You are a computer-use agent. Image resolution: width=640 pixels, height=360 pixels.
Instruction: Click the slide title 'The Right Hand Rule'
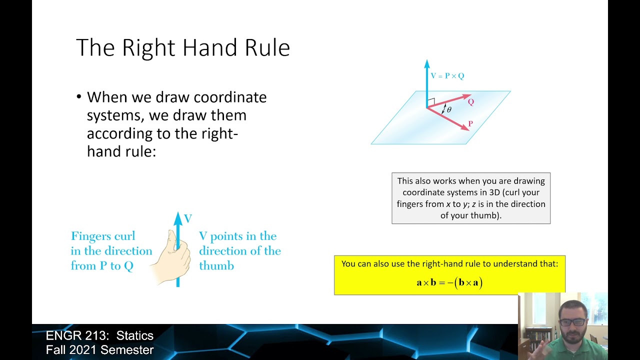(182, 48)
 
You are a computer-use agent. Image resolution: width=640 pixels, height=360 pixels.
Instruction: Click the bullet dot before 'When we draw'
(79, 97)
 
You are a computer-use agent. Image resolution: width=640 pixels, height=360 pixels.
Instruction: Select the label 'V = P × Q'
(447, 76)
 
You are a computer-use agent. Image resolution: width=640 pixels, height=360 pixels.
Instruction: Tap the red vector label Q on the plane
(470, 102)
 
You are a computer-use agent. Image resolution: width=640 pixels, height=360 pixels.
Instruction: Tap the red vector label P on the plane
(470, 123)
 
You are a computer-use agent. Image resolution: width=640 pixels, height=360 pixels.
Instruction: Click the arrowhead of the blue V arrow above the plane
(426, 63)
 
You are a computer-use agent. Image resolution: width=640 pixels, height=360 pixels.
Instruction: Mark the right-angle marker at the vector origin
(431, 101)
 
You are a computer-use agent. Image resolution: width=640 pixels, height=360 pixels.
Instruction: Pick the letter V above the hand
(188, 218)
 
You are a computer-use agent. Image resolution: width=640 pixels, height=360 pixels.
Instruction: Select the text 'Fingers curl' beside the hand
(103, 236)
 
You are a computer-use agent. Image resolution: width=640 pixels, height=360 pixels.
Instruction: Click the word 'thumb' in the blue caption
(216, 266)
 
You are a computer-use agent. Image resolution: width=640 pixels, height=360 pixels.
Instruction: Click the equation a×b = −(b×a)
(449, 282)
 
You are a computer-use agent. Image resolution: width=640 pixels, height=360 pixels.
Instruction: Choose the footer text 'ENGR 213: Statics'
(99, 335)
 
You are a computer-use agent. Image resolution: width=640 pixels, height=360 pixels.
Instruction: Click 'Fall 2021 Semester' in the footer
(99, 350)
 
